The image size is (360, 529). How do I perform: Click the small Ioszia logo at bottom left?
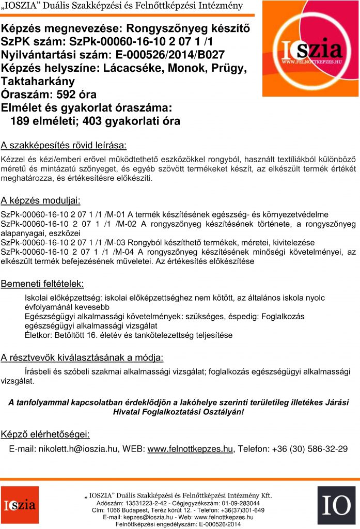click(x=19, y=505)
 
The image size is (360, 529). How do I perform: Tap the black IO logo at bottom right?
click(x=336, y=505)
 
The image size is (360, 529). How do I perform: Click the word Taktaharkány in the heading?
click(x=38, y=81)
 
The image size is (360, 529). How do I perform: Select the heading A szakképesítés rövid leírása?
click(x=64, y=144)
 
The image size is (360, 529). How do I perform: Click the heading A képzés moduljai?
click(x=40, y=200)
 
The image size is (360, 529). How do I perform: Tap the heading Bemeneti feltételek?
click(x=42, y=284)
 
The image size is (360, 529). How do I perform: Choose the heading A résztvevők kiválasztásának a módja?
click(x=82, y=357)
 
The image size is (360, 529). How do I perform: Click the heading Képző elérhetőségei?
click(x=46, y=433)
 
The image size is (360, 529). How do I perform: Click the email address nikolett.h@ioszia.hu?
click(x=78, y=448)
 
